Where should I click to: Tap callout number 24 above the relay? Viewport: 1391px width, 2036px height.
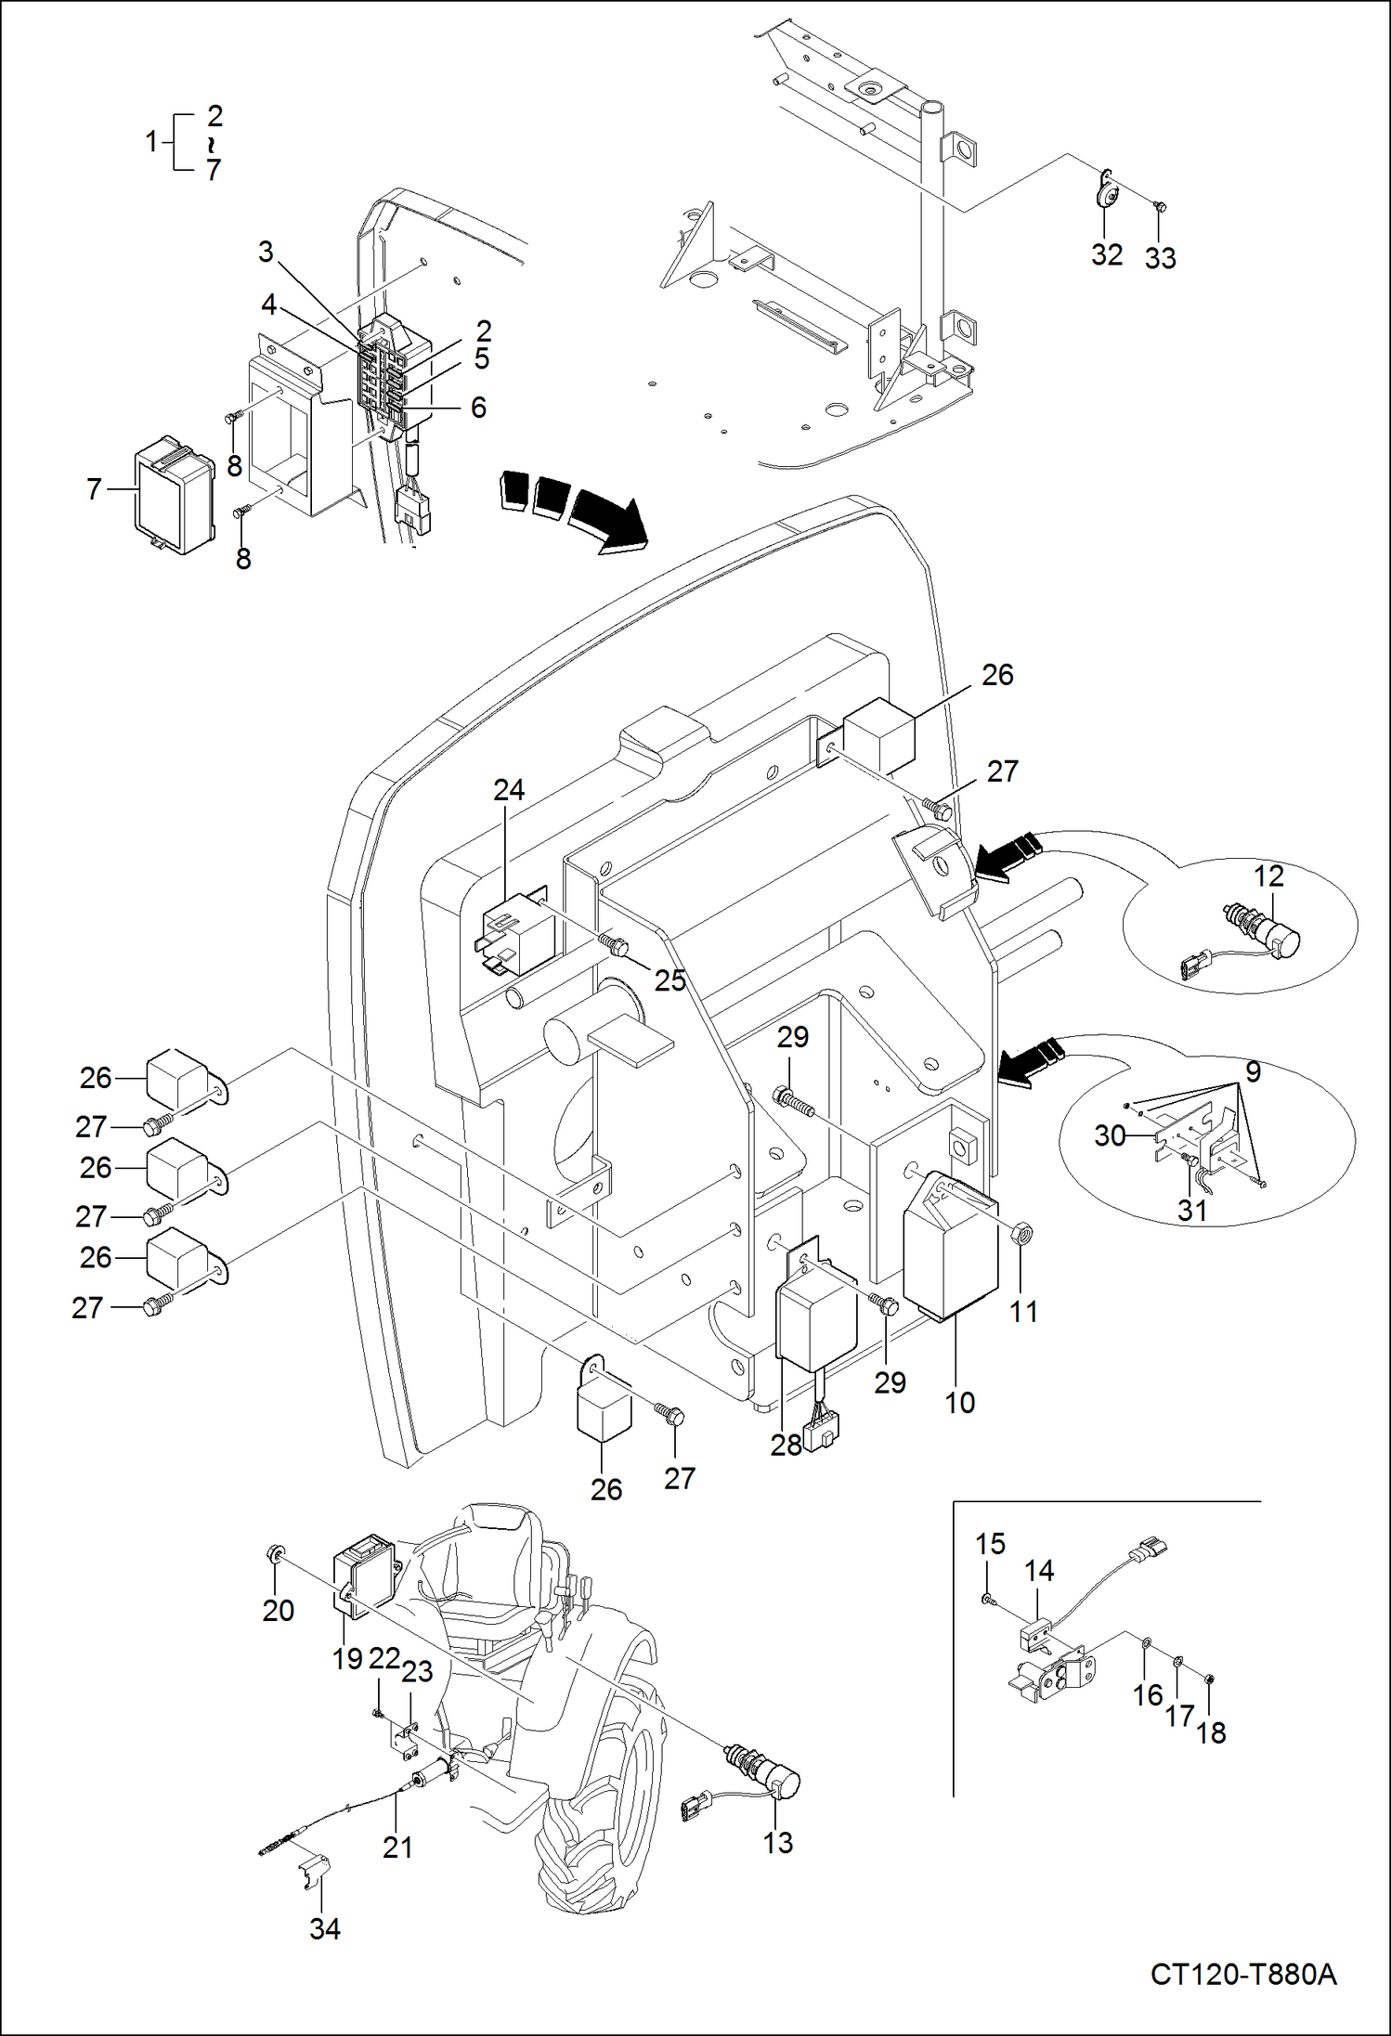[x=509, y=790]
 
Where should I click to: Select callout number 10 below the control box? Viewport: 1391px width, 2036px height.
[x=960, y=1402]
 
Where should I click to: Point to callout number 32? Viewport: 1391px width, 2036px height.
[x=1106, y=254]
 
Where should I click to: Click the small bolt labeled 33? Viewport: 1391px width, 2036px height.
[x=1158, y=206]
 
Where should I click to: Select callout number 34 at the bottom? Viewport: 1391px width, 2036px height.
[x=325, y=1928]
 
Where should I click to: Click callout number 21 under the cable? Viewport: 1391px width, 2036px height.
[x=397, y=1847]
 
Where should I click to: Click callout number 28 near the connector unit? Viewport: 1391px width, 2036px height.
[x=786, y=1445]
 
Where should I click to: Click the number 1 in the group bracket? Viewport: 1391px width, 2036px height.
[x=151, y=142]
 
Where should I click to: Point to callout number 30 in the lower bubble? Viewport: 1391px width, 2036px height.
[x=1110, y=1135]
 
